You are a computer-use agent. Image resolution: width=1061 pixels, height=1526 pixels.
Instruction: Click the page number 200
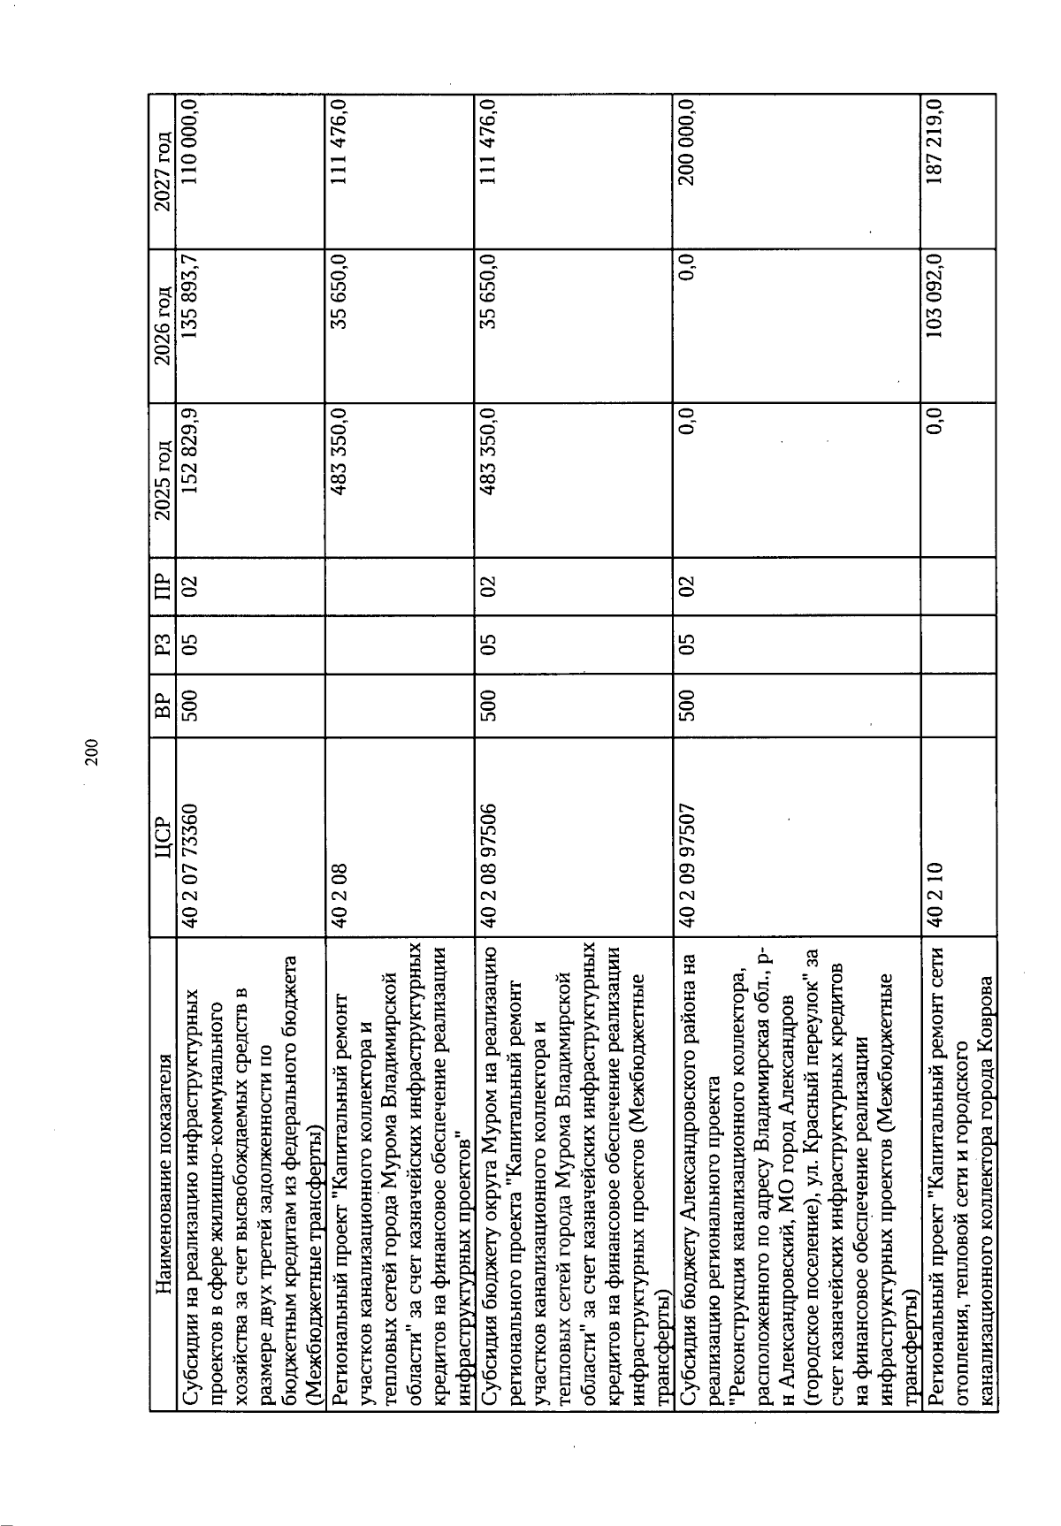click(90, 751)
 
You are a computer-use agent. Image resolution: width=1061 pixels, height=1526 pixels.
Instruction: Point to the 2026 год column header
click(161, 315)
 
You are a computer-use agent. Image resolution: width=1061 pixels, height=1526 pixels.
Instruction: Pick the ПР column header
click(161, 584)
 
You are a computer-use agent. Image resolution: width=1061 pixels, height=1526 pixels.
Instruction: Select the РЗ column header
click(161, 641)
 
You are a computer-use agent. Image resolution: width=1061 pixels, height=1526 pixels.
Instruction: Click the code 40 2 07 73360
click(191, 861)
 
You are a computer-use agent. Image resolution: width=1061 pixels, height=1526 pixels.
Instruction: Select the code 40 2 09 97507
click(689, 861)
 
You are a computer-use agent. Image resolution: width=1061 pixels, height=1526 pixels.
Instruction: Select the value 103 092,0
click(933, 292)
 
